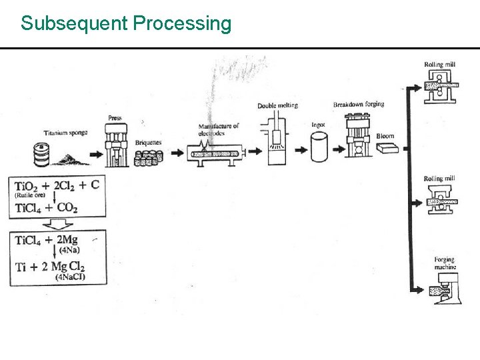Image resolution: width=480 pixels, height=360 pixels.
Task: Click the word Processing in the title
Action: [x=182, y=24]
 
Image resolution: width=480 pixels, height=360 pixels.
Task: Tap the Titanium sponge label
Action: [x=63, y=133]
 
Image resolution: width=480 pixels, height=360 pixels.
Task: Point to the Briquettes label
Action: [x=148, y=142]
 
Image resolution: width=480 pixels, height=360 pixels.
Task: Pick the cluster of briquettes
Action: [x=149, y=158]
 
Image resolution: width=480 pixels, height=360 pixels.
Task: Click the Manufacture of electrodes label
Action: [x=218, y=129]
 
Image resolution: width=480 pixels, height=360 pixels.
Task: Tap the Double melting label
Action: [x=277, y=105]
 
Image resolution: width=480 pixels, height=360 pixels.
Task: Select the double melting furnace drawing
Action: [x=277, y=141]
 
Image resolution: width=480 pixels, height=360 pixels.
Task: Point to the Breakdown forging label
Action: [x=359, y=104]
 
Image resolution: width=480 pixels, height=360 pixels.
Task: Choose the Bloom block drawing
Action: [x=387, y=149]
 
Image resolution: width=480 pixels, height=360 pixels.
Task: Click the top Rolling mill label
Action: [x=439, y=65]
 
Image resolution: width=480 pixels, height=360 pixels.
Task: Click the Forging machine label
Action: [x=444, y=263]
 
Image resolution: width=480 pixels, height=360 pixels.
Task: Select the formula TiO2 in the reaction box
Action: [x=29, y=187]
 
